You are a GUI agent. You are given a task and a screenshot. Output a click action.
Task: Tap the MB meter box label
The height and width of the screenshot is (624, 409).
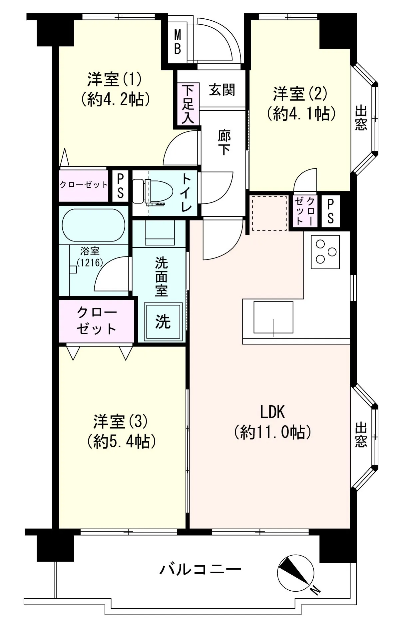tap(178, 42)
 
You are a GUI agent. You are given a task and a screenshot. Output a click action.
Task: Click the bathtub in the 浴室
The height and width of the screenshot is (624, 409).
tap(94, 225)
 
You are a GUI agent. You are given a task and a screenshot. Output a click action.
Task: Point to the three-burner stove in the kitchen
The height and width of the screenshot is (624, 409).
tap(325, 252)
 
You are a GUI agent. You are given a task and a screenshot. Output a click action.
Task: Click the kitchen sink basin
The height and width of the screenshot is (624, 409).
tap(273, 317)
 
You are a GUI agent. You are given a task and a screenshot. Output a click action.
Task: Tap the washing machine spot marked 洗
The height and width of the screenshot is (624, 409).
tap(163, 322)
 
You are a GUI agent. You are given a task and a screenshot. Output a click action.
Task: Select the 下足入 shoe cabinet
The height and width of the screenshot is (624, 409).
tap(188, 104)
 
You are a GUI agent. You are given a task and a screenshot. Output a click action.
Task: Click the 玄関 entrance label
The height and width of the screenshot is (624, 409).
tap(222, 90)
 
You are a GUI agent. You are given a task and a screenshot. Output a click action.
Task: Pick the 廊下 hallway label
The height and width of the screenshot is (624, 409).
tap(224, 142)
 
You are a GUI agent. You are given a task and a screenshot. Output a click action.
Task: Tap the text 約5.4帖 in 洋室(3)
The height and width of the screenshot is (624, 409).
tap(122, 442)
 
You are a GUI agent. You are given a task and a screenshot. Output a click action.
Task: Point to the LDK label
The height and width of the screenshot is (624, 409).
tap(272, 413)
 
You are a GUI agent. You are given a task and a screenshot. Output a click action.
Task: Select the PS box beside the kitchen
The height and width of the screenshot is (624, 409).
tap(330, 212)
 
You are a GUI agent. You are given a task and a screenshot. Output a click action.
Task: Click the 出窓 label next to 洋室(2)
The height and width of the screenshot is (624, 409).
tap(361, 118)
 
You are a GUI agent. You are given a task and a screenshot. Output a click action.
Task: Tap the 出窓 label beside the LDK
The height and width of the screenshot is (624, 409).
tap(361, 435)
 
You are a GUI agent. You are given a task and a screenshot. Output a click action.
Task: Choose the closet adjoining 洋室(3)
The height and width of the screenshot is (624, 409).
tap(97, 321)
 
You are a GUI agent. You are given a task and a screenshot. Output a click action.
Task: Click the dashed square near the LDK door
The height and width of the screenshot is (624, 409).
tap(269, 213)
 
